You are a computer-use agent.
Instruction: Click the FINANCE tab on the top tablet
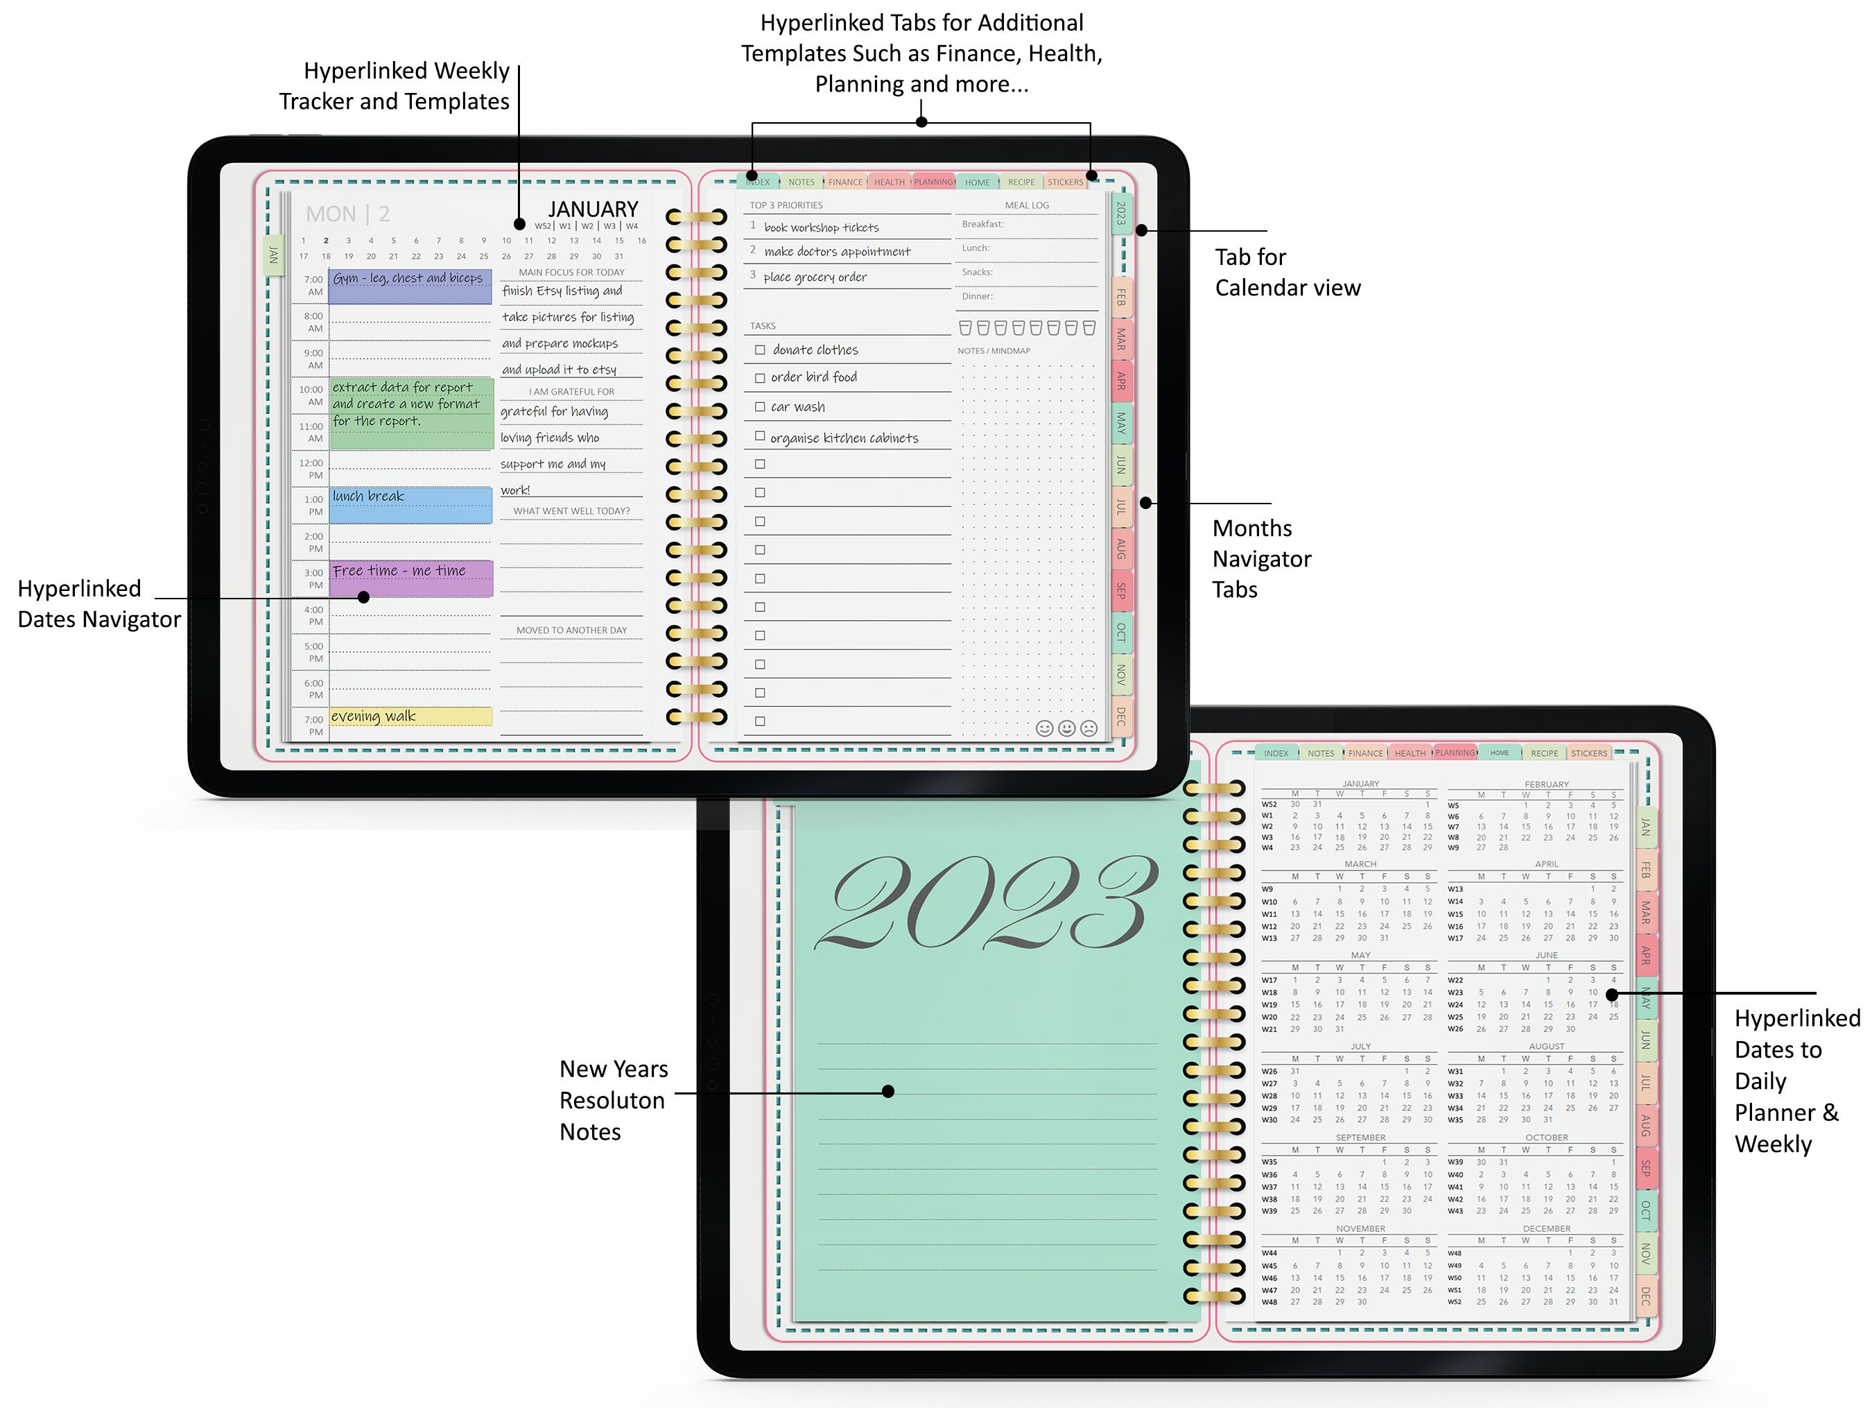coord(844,182)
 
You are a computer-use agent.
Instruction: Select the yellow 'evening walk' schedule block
coord(410,716)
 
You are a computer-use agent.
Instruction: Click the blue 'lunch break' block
coord(410,505)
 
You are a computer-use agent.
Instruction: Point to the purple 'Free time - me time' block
coord(410,578)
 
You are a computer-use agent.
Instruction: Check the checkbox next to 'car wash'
coord(760,407)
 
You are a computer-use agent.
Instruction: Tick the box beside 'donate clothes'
coord(760,350)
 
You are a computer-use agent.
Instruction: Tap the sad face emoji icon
coord(1089,728)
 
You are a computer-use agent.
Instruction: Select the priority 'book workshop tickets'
coord(821,227)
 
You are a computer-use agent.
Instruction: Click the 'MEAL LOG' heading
coord(1027,205)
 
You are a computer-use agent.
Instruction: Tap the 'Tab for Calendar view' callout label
coord(1286,272)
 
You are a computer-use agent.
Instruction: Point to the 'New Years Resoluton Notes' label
coord(614,1100)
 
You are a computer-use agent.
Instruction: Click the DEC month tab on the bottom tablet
coord(1645,1296)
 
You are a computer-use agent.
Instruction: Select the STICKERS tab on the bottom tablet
coord(1588,753)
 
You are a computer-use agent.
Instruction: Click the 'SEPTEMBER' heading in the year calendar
coord(1360,1137)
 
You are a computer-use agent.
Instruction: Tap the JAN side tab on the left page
coord(273,255)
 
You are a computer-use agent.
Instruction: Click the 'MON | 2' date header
coord(348,214)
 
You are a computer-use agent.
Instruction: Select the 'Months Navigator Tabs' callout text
coord(1261,559)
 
